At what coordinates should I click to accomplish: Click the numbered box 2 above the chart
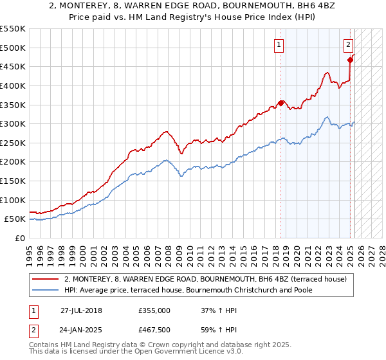348,44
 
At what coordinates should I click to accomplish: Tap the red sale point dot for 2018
281,102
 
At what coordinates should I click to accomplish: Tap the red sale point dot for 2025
351,60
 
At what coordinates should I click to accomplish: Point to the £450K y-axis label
13,66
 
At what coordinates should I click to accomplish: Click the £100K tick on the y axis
13,200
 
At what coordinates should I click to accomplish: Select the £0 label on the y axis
21,238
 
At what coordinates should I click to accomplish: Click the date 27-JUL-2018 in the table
81,310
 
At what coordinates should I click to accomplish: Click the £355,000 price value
154,310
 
